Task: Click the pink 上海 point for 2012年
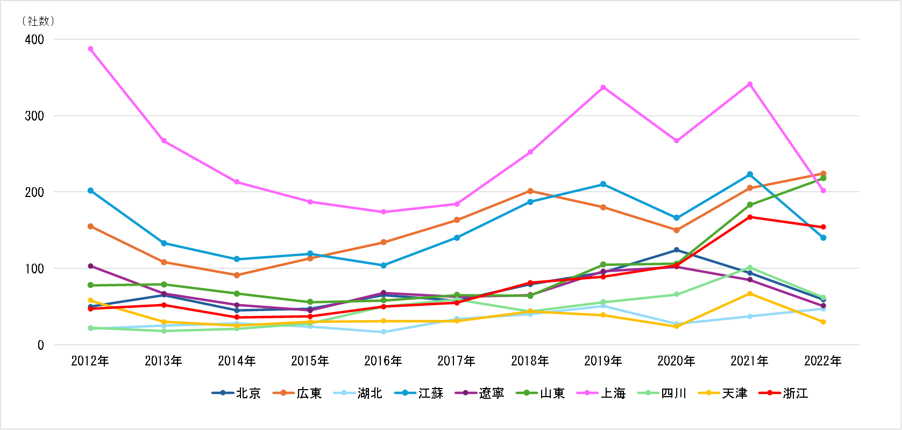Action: [x=90, y=49]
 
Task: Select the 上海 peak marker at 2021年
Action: [x=750, y=84]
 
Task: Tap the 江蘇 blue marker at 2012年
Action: [x=90, y=191]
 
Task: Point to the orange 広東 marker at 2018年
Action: [x=530, y=191]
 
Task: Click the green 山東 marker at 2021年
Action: [x=750, y=205]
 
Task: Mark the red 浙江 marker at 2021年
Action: [x=750, y=217]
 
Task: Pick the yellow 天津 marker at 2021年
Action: [x=750, y=294]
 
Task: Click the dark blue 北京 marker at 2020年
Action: [x=677, y=250]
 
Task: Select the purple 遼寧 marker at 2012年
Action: [x=90, y=266]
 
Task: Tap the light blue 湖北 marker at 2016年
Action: [x=383, y=332]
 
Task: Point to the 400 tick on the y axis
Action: [x=34, y=39]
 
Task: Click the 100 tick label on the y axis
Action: [x=34, y=269]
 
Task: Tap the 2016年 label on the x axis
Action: [x=383, y=361]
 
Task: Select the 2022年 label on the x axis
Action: [x=823, y=361]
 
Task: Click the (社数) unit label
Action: [x=38, y=21]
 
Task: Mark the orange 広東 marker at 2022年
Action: [x=823, y=174]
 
